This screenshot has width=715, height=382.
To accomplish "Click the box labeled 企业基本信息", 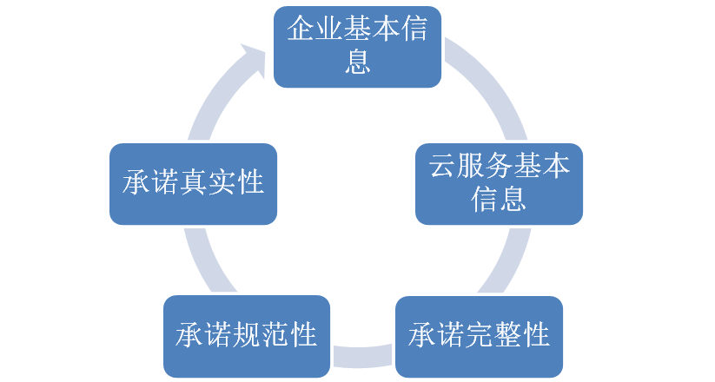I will [358, 47].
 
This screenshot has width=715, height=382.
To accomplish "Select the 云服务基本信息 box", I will [499, 184].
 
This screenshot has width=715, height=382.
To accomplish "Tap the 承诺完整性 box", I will [479, 334].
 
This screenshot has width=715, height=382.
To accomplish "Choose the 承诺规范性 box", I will [246, 334].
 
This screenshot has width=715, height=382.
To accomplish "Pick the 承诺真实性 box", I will [193, 184].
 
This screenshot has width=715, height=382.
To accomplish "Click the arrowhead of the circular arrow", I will [255, 60].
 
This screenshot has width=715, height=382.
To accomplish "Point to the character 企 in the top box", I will [301, 31].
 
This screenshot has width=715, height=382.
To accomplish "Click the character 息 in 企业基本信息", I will [358, 63].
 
